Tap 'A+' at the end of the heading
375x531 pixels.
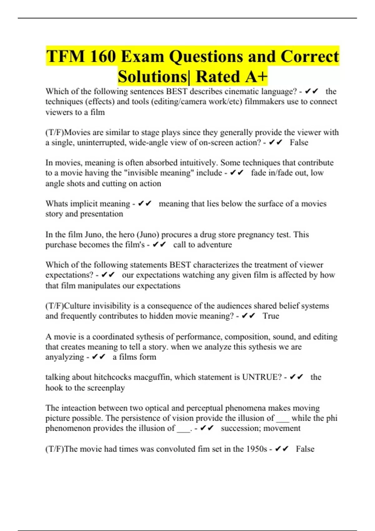[256, 77]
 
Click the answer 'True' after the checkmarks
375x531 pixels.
[271, 316]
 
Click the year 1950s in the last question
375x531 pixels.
[257, 449]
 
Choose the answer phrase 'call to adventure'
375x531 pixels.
[202, 245]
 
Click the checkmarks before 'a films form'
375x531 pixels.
[99, 357]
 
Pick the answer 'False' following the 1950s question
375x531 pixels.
[305, 449]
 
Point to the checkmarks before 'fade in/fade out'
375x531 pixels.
[237, 173]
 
